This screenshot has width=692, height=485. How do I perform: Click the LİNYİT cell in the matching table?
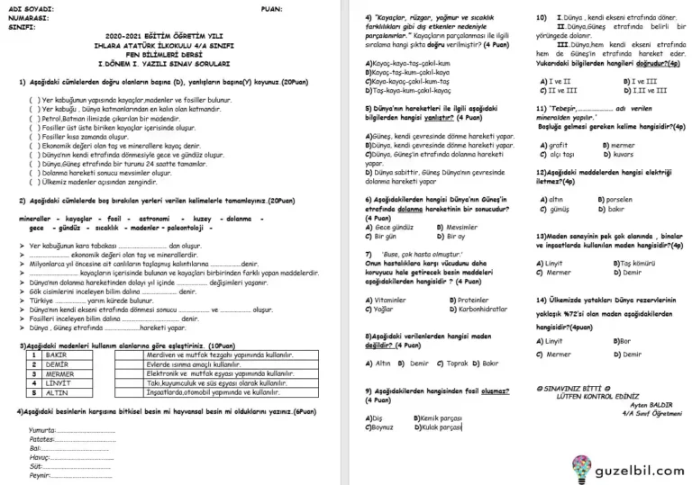tap(59, 382)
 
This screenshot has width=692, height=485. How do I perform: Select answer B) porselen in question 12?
tap(618, 199)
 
